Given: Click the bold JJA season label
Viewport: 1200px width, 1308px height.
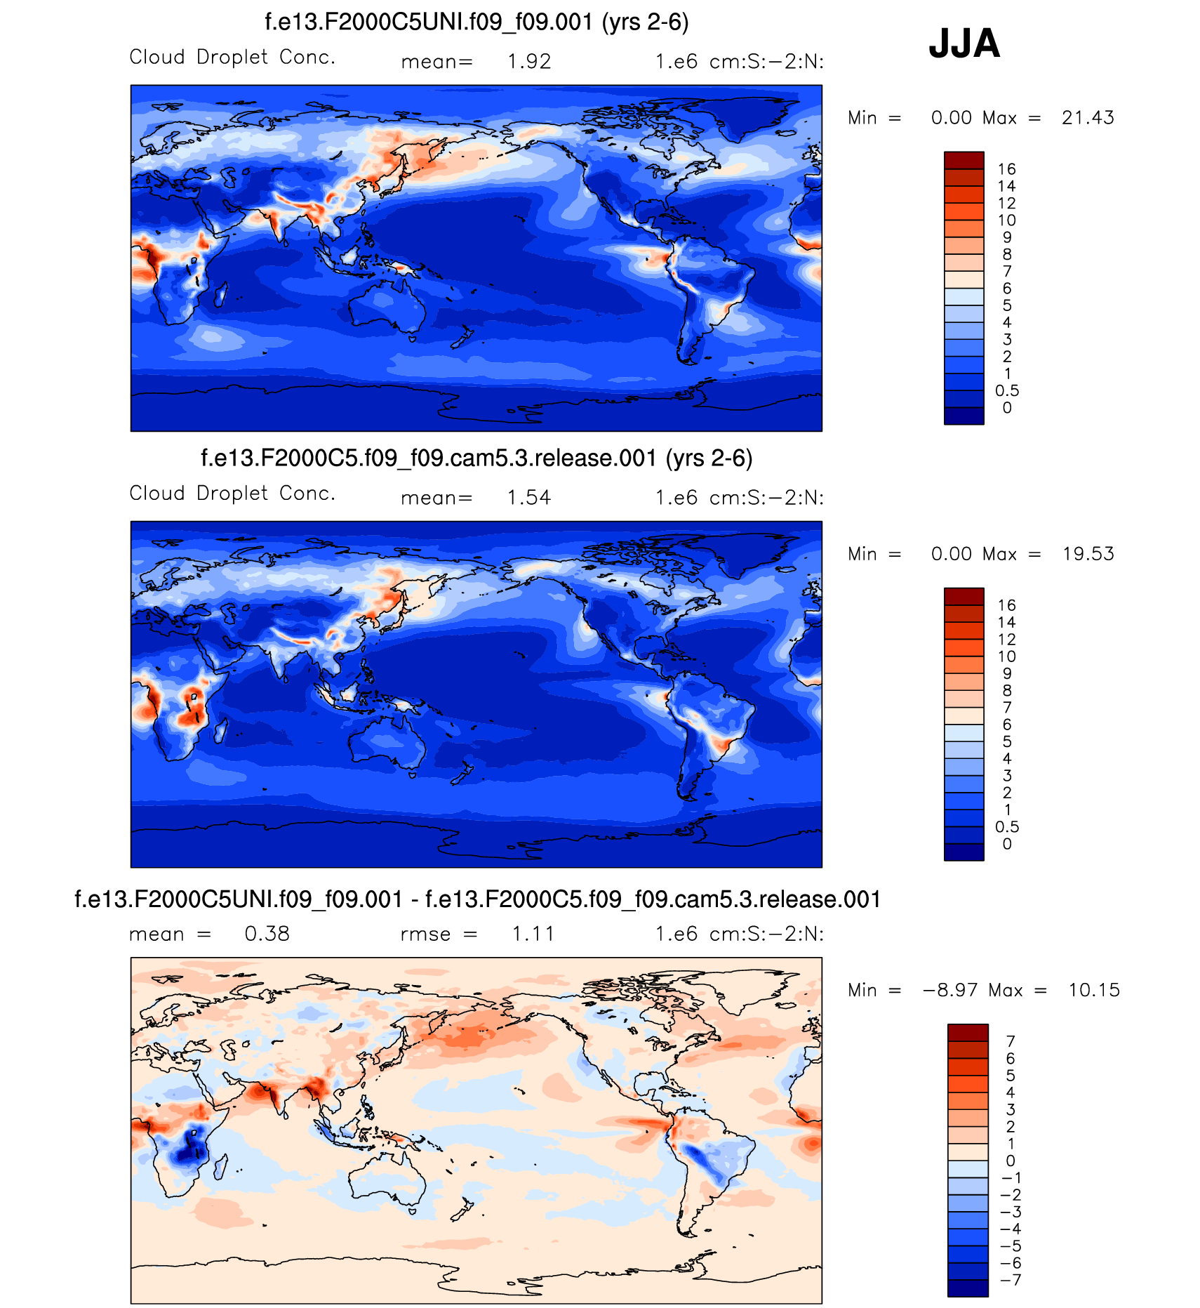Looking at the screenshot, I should [964, 44].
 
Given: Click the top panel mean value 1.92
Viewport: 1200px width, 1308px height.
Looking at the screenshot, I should [529, 62].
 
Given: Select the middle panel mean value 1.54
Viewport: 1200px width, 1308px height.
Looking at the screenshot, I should [529, 498].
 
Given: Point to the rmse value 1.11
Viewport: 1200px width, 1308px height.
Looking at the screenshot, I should [533, 934].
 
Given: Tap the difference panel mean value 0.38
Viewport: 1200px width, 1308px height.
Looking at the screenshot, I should [267, 934].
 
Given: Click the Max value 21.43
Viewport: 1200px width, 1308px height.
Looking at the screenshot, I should [1088, 117].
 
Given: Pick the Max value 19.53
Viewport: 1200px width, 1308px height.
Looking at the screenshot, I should [1088, 554].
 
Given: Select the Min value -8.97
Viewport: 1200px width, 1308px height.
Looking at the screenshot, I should [951, 990].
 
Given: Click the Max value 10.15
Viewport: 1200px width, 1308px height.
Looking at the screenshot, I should [1094, 990].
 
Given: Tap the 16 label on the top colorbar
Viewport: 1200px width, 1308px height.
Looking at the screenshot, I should [1007, 169].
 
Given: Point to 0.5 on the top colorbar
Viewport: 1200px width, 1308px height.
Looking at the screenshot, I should [1007, 391].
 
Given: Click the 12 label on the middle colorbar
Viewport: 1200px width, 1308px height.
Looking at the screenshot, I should [1007, 640].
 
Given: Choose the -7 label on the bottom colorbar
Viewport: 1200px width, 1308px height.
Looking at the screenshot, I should [1011, 1280].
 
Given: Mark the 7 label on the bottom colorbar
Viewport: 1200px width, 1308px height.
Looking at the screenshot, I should [1011, 1041].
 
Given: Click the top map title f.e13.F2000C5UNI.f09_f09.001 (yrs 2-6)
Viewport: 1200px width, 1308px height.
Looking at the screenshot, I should [476, 22].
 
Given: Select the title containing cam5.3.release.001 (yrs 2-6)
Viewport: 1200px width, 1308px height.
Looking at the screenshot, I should [476, 458].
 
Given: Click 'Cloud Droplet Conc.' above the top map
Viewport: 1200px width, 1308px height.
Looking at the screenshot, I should [232, 57].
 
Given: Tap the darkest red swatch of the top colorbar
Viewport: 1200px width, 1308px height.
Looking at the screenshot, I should [964, 161].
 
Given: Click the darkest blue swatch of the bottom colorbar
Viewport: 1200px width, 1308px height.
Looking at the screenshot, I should [968, 1288].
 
